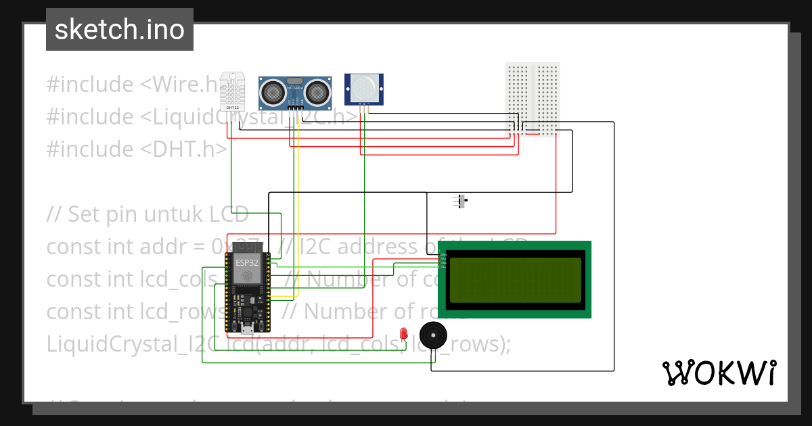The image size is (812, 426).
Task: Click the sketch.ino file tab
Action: [119, 30]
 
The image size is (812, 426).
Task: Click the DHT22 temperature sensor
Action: [232, 92]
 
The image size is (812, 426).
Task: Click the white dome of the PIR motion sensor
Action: [364, 86]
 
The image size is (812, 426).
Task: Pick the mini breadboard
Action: [533, 99]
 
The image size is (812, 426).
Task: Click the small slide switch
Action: [461, 201]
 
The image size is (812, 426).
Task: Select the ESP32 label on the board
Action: [246, 262]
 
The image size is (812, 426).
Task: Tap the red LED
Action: [403, 333]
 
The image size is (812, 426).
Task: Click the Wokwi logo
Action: [719, 373]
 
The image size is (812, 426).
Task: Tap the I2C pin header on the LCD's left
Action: [442, 259]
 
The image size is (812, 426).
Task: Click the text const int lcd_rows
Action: [135, 311]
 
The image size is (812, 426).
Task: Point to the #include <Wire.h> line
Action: [135, 85]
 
